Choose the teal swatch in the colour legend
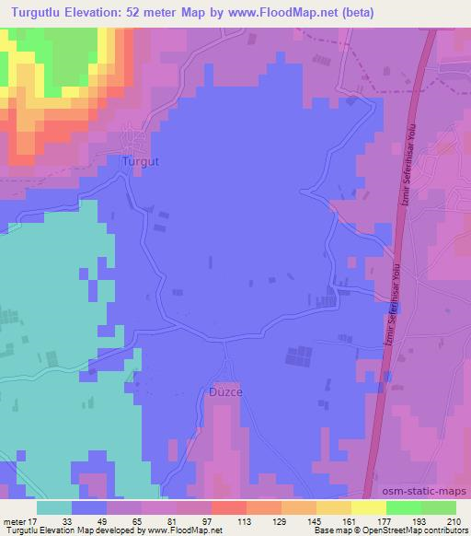[x=54, y=507]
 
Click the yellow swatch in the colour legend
[x=368, y=507]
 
